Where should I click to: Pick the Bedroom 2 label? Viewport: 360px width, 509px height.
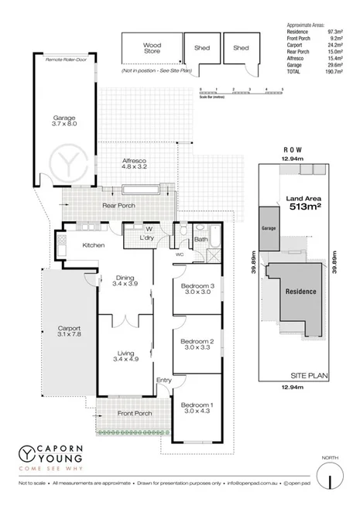(x=197, y=344)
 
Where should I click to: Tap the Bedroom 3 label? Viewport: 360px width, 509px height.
(x=197, y=289)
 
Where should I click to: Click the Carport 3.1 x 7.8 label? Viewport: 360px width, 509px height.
(x=70, y=330)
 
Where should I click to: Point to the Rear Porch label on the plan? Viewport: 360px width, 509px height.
(x=118, y=206)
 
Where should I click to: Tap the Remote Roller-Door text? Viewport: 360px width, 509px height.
(x=65, y=60)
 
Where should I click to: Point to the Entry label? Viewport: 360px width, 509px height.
(x=163, y=380)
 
